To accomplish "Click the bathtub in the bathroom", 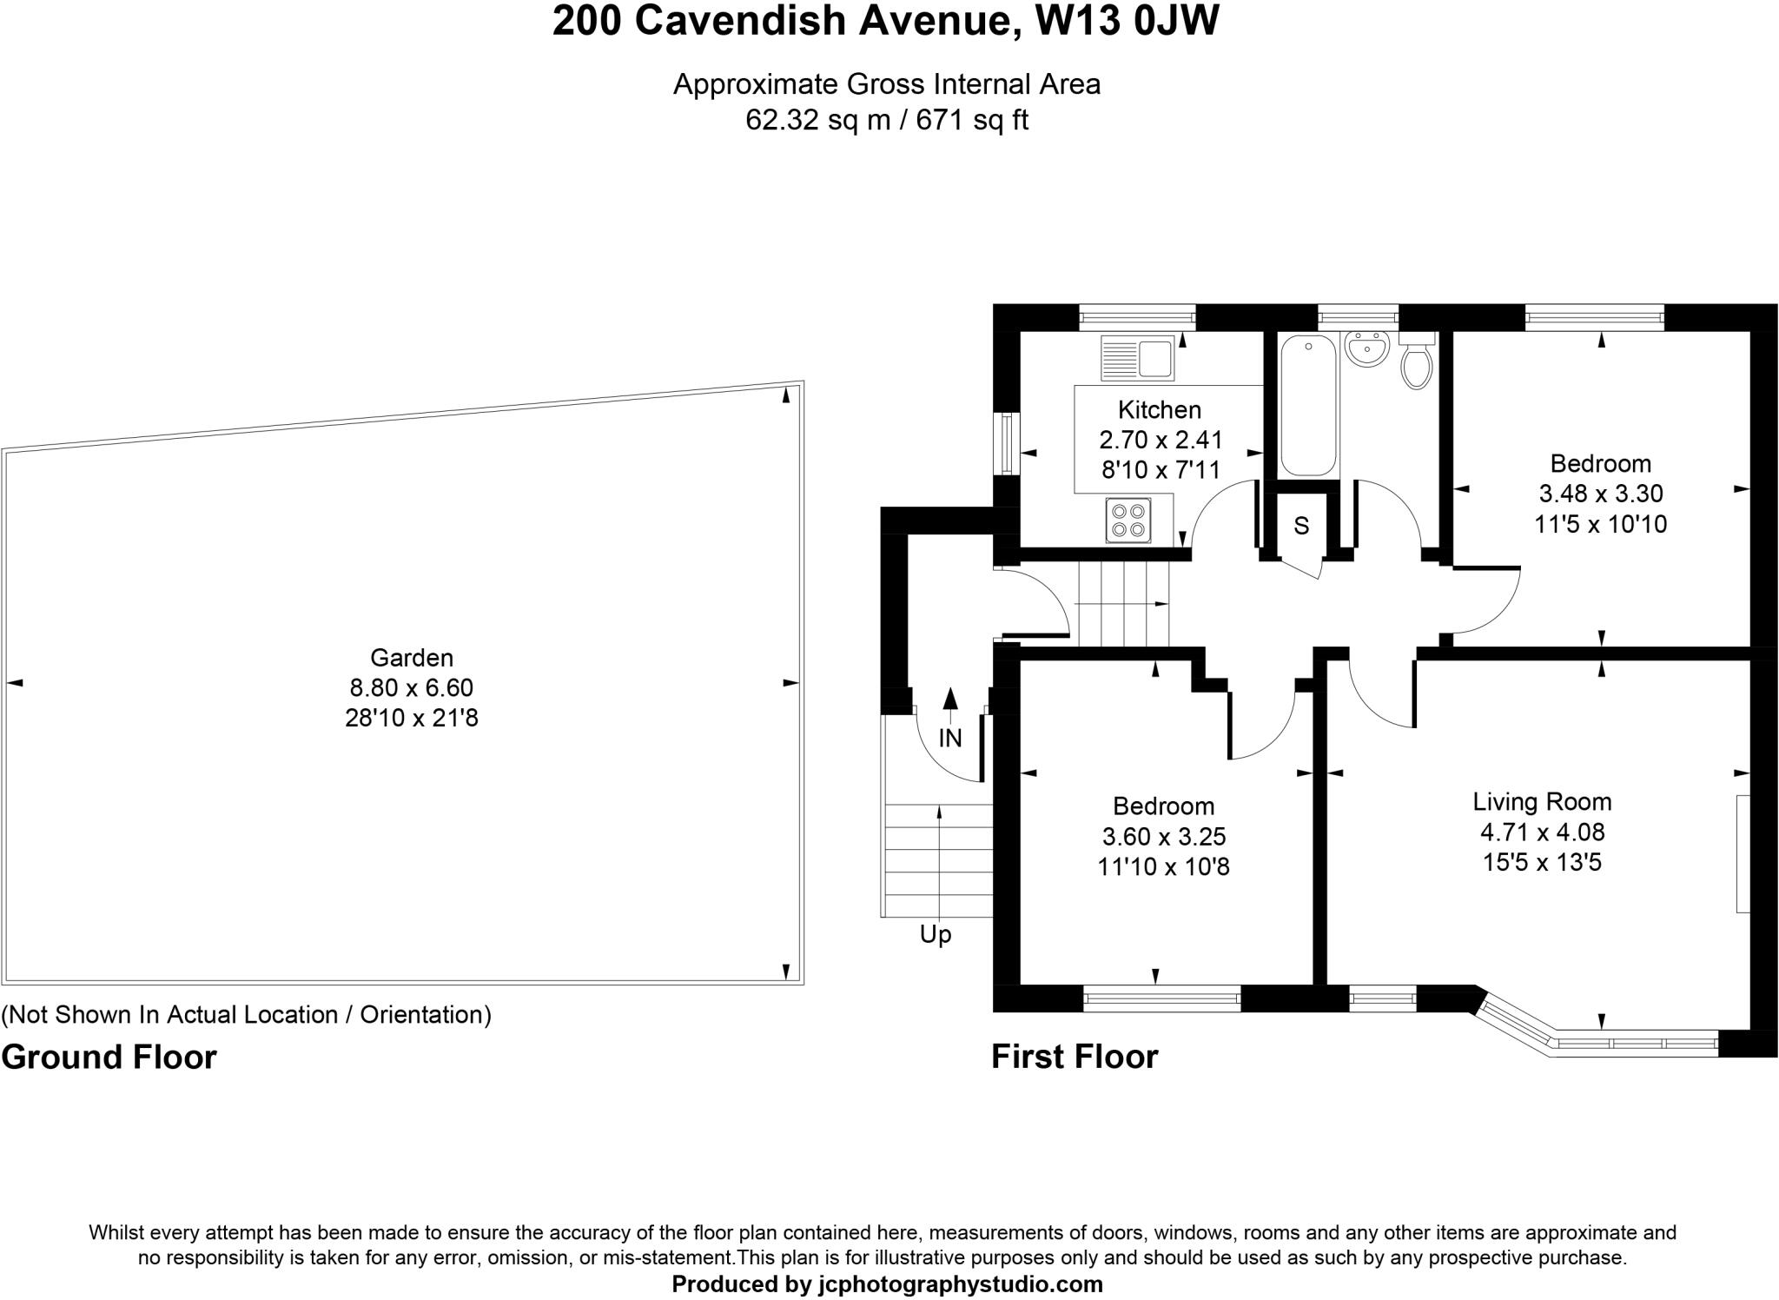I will click(x=1307, y=406).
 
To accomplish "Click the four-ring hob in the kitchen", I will click(x=1128, y=521).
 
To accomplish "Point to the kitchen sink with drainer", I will click(x=1137, y=357).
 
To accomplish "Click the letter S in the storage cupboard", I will click(x=1300, y=526).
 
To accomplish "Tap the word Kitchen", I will click(x=1159, y=409).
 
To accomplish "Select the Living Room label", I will click(x=1541, y=801).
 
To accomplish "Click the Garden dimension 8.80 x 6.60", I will click(x=411, y=688).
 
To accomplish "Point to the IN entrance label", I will click(x=950, y=738).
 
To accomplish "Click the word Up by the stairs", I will click(x=936, y=935).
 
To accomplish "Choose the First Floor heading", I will click(x=1075, y=1057).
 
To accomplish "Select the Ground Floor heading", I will click(x=109, y=1058).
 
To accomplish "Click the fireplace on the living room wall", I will click(x=1743, y=853).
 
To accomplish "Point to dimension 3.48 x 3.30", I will click(x=1600, y=494).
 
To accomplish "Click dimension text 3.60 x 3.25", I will click(x=1163, y=836).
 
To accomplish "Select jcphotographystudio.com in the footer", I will click(x=960, y=1284).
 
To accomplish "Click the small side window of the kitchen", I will click(x=1007, y=444).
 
